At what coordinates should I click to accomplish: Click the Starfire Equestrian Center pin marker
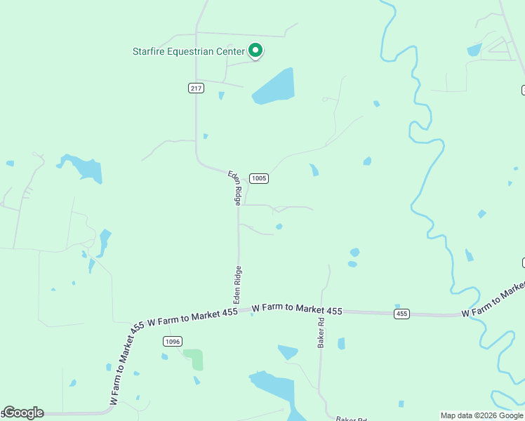(x=256, y=51)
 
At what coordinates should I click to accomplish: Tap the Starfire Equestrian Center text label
(x=188, y=51)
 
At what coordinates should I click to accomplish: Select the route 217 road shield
(x=196, y=88)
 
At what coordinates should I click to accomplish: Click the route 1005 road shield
(x=259, y=178)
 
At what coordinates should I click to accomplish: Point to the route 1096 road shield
(x=173, y=341)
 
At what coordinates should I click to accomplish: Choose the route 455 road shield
(x=401, y=314)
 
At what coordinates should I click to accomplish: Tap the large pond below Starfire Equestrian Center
(x=274, y=88)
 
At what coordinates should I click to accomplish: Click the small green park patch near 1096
(x=194, y=359)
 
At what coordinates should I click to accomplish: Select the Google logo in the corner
(x=23, y=413)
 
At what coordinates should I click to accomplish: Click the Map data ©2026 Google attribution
(x=481, y=415)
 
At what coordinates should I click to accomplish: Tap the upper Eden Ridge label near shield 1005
(x=236, y=187)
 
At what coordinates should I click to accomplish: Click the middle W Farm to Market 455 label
(x=297, y=309)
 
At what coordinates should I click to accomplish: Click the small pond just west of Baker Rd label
(x=288, y=352)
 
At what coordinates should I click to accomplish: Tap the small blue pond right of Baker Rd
(x=341, y=343)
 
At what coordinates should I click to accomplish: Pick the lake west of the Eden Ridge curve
(x=85, y=168)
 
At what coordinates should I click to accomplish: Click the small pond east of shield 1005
(x=314, y=170)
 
